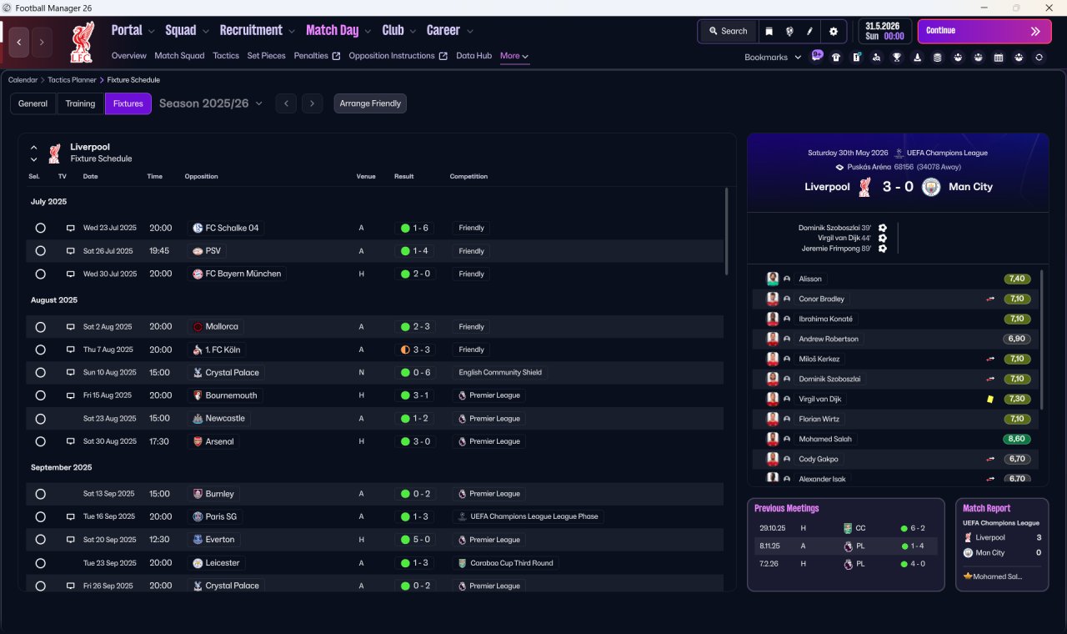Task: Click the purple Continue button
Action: pyautogui.click(x=984, y=31)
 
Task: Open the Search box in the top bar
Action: pyautogui.click(x=729, y=31)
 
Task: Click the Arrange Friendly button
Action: pyautogui.click(x=369, y=103)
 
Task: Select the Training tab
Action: pyautogui.click(x=80, y=103)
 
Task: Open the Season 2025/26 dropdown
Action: pyautogui.click(x=211, y=103)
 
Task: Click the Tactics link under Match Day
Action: pyautogui.click(x=226, y=56)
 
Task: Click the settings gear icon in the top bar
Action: pyautogui.click(x=833, y=32)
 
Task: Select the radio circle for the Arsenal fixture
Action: pyautogui.click(x=41, y=441)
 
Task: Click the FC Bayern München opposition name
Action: pyautogui.click(x=243, y=274)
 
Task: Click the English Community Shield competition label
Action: pyautogui.click(x=499, y=372)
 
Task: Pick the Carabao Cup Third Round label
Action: pyautogui.click(x=512, y=563)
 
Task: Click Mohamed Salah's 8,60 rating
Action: pyautogui.click(x=1016, y=439)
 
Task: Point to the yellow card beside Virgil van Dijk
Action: pyautogui.click(x=989, y=399)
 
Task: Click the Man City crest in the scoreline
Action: pyautogui.click(x=931, y=187)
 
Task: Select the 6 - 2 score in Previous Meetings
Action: pyautogui.click(x=918, y=528)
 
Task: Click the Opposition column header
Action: pyautogui.click(x=201, y=176)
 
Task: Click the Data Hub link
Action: pyautogui.click(x=473, y=56)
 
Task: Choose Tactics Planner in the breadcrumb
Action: pyautogui.click(x=72, y=80)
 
